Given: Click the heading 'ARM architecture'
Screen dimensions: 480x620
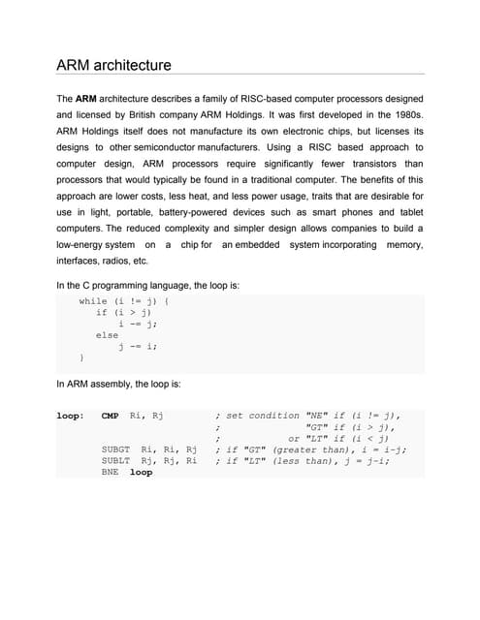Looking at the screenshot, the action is coord(113,66).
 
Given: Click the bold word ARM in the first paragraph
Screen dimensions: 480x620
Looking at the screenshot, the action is coord(86,99).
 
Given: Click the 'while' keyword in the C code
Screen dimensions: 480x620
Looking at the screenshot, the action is coord(93,301).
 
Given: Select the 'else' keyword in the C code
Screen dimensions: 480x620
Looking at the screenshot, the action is coord(107,335).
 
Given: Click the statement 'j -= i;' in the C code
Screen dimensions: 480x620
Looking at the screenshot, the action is coord(137,346).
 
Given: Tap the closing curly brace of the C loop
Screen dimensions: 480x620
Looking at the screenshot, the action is coord(81,357).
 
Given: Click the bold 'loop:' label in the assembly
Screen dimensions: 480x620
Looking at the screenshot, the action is coord(70,416).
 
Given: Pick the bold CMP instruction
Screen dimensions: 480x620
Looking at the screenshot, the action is coord(110,416).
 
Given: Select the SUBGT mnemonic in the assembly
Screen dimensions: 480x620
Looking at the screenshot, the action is coord(115,449).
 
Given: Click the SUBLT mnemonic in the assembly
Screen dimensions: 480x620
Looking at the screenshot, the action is coord(115,461).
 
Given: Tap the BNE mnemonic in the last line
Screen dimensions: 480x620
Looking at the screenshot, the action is coord(110,473).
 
